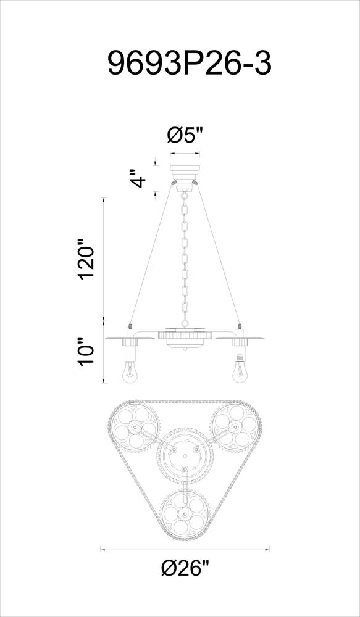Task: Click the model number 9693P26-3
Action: click(x=190, y=63)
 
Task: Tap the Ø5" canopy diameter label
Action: click(x=185, y=137)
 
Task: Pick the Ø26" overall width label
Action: click(x=185, y=568)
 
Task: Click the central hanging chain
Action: click(x=185, y=260)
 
